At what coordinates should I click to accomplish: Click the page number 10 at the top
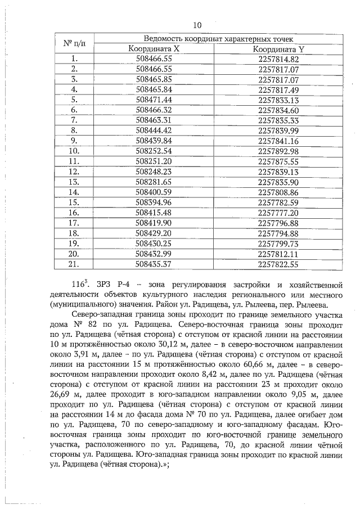click(x=196, y=25)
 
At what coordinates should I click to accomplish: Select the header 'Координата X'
click(x=154, y=49)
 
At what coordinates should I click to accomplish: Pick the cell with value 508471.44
click(x=154, y=99)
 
